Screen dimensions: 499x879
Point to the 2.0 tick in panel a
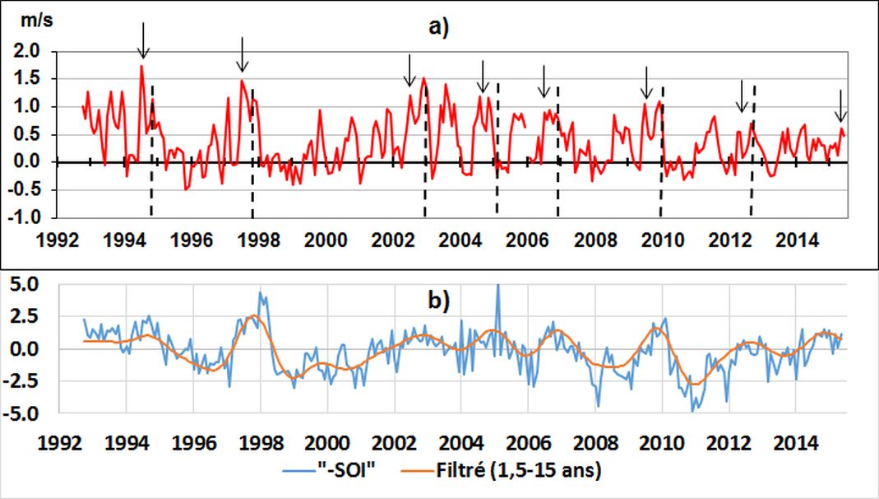(28, 51)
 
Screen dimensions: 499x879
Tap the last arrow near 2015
(840, 106)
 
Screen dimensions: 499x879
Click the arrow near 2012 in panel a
(741, 97)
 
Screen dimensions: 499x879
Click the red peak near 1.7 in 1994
(141, 67)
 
